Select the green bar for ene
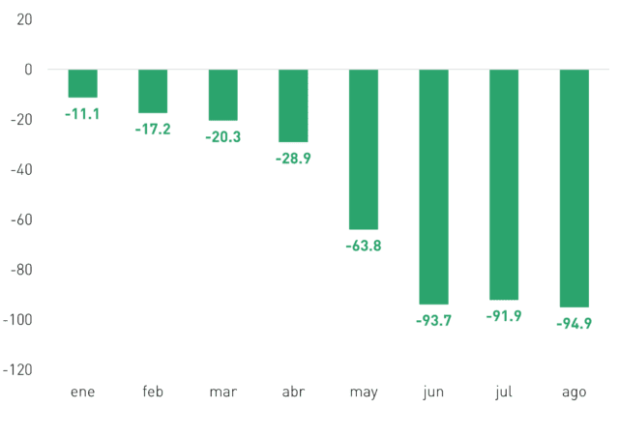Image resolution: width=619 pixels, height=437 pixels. pos(83,83)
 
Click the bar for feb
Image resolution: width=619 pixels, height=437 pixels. pos(153,91)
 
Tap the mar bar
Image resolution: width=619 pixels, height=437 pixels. pos(223,95)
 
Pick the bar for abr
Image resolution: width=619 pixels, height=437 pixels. pos(293,105)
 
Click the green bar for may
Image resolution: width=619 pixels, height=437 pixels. pos(364,150)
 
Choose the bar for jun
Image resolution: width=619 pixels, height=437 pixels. pos(434,188)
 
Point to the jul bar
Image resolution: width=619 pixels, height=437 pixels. pos(504,185)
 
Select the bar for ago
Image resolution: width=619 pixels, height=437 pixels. pos(575,189)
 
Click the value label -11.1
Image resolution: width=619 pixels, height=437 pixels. pos(82,114)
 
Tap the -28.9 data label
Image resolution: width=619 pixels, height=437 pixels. pos(293,159)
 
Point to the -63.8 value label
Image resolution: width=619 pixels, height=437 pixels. pos(364,246)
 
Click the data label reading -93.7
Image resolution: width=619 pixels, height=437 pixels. pos(434,321)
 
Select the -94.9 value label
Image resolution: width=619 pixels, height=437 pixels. pos(575,324)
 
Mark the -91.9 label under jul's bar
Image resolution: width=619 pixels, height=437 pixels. pos(504,316)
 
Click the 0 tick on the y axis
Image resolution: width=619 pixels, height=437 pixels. pos(28,70)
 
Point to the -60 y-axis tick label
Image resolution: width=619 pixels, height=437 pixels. pos(21,219)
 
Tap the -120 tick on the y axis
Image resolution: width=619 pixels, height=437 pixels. pos(17,370)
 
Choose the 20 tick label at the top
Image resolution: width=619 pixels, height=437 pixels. pos(24,19)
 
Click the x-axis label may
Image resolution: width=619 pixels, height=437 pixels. pos(364,393)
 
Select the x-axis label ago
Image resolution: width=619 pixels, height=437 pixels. pos(575,393)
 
